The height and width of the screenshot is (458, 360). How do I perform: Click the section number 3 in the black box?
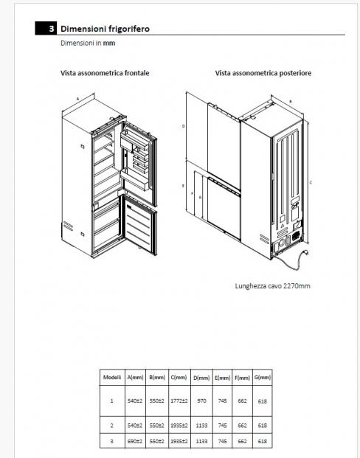tap(52, 29)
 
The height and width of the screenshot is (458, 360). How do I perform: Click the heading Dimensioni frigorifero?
tap(105, 29)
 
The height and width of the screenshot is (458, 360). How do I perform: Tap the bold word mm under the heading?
tap(109, 43)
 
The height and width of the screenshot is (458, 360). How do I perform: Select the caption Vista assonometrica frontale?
tap(105, 73)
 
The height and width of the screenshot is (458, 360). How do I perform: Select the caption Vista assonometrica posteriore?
tap(263, 73)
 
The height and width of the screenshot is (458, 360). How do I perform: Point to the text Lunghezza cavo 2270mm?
tap(272, 285)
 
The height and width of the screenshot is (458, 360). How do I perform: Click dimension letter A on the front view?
tap(77, 99)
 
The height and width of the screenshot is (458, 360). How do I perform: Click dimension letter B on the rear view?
tap(291, 102)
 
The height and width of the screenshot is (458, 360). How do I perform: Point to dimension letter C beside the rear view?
tap(311, 183)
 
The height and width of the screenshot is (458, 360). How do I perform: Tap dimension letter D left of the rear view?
tap(184, 126)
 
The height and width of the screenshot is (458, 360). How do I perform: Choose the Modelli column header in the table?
tap(112, 377)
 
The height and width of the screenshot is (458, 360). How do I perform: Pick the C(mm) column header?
tap(179, 377)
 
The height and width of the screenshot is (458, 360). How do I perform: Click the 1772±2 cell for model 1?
tap(179, 400)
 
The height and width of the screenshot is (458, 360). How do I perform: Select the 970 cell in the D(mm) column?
tap(201, 400)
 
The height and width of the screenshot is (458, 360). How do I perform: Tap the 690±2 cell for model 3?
tap(135, 441)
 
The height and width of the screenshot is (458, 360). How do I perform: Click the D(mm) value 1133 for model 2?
tap(201, 426)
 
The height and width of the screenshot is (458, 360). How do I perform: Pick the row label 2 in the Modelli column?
tap(111, 426)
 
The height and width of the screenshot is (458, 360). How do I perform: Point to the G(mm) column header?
tap(263, 377)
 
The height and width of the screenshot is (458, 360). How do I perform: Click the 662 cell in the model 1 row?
tap(242, 400)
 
